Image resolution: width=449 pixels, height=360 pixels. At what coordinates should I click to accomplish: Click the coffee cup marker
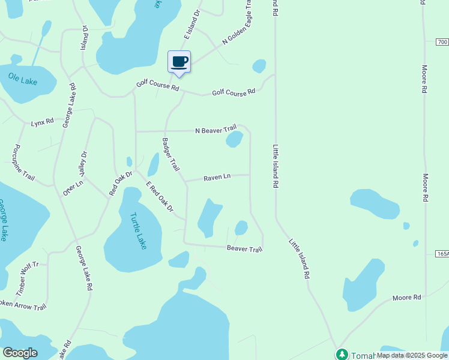(x=179, y=62)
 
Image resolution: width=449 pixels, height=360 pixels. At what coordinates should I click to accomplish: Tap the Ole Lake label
(x=23, y=79)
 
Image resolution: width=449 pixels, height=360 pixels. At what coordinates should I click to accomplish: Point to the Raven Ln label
(x=217, y=178)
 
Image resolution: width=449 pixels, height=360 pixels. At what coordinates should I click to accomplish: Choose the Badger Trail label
(x=170, y=155)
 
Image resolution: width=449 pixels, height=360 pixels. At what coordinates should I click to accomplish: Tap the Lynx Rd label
(x=43, y=122)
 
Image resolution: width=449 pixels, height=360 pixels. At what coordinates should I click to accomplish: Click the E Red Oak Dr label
(x=159, y=196)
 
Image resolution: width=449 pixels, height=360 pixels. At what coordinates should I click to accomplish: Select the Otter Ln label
(x=73, y=187)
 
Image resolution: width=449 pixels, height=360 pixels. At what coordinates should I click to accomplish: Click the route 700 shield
(x=442, y=42)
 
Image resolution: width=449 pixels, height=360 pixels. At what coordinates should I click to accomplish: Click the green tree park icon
(x=342, y=355)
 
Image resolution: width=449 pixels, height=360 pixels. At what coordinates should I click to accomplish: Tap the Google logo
(x=20, y=353)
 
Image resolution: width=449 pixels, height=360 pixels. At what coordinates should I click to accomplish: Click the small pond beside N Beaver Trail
(x=234, y=139)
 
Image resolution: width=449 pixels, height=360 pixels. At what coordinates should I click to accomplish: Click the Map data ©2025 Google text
(x=411, y=355)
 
